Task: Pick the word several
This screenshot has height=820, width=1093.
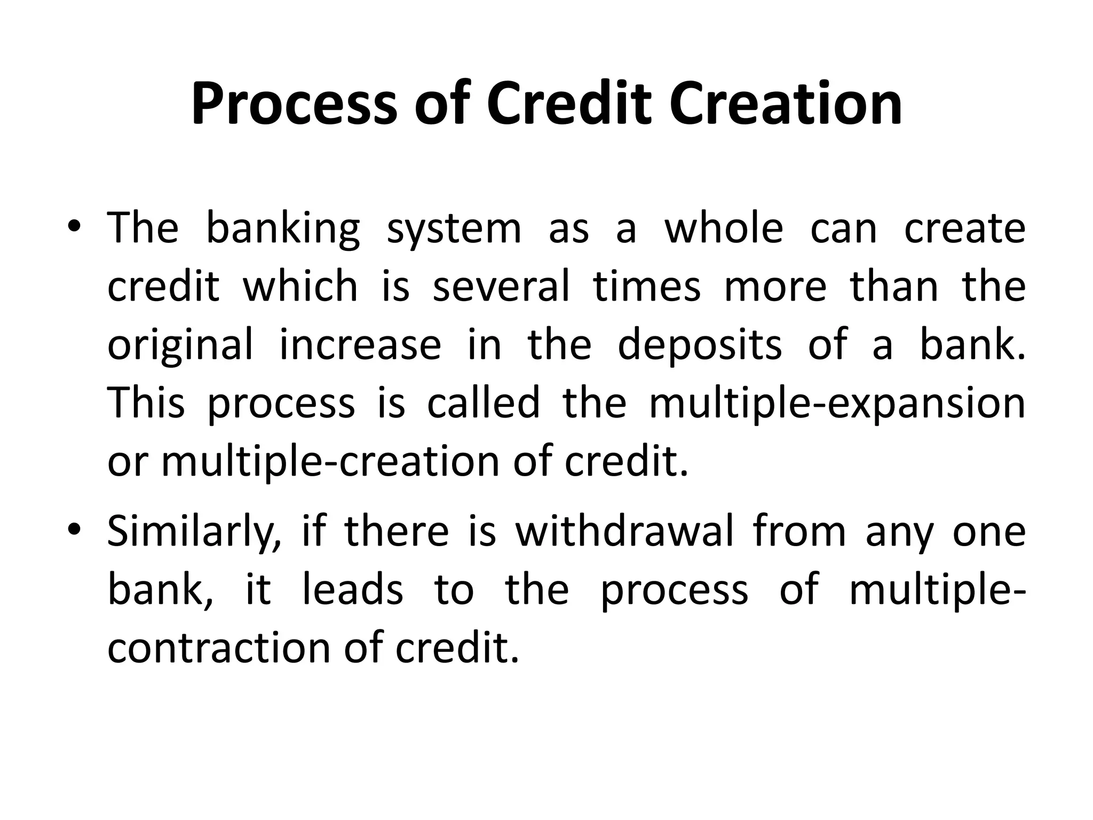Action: (x=501, y=287)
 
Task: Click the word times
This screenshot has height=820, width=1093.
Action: (x=647, y=287)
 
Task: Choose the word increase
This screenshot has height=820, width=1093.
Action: (x=360, y=345)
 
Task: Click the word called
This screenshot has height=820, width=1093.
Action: (x=484, y=403)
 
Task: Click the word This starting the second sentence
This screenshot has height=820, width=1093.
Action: (x=146, y=403)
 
